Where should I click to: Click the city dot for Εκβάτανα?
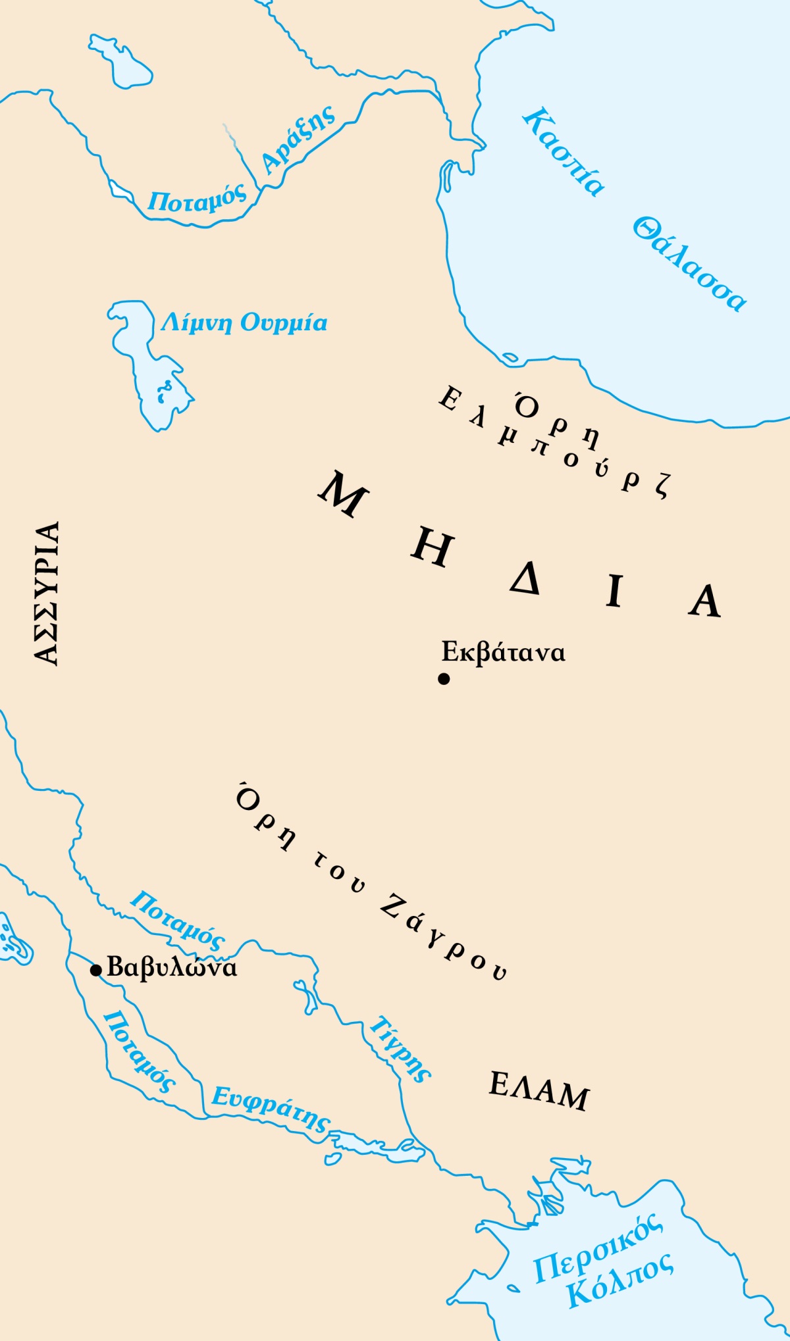pyautogui.click(x=444, y=678)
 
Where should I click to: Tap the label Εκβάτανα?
pyautogui.click(x=503, y=652)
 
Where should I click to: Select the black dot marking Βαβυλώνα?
pyautogui.click(x=96, y=970)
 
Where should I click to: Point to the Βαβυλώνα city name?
pyautogui.click(x=172, y=967)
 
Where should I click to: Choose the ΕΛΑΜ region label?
pyautogui.click(x=539, y=1092)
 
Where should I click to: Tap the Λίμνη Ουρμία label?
pyautogui.click(x=244, y=322)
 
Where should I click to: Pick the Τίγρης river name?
pyautogui.click(x=400, y=1049)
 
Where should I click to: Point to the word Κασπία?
pyautogui.click(x=564, y=152)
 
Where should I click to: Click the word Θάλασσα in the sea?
pyautogui.click(x=689, y=264)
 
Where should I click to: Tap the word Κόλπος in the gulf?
pyautogui.click(x=619, y=1280)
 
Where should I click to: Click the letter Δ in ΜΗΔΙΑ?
pyautogui.click(x=525, y=579)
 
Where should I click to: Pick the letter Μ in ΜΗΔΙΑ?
pyautogui.click(x=343, y=493)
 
